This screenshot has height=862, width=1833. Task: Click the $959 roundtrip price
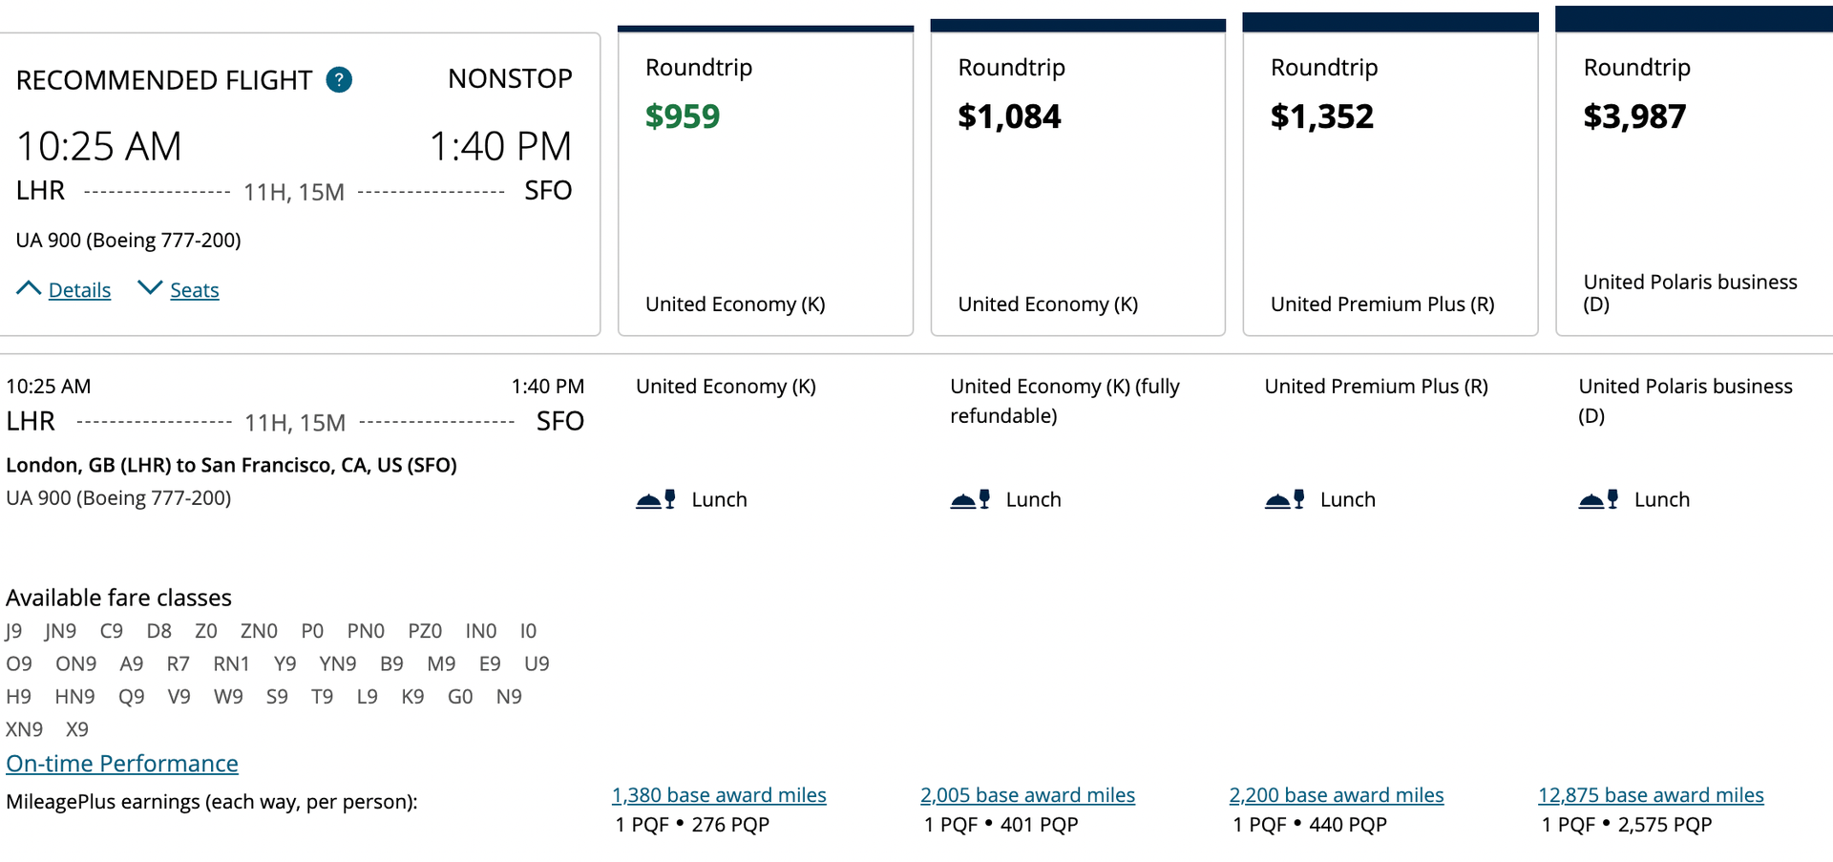pyautogui.click(x=683, y=116)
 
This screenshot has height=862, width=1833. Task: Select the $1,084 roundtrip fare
pyautogui.click(x=1009, y=116)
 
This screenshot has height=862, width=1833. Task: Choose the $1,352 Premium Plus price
pyautogui.click(x=1321, y=116)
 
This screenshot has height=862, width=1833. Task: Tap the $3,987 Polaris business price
pyautogui.click(x=1634, y=116)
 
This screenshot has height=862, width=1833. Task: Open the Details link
pyautogui.click(x=79, y=290)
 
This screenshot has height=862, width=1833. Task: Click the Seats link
pyautogui.click(x=195, y=290)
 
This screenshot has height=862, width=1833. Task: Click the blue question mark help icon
pyautogui.click(x=339, y=80)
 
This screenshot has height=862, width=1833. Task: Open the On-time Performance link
pyautogui.click(x=122, y=764)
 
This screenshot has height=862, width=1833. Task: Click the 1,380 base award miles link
pyautogui.click(x=719, y=795)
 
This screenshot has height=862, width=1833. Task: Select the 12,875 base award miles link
pyautogui.click(x=1651, y=795)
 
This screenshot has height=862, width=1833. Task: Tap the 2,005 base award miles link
pyautogui.click(x=1027, y=795)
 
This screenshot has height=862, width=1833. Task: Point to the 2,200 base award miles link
pyautogui.click(x=1336, y=795)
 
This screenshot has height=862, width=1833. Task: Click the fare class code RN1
pyautogui.click(x=231, y=663)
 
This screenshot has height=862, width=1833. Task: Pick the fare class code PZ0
pyautogui.click(x=425, y=631)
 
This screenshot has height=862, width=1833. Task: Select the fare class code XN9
pyautogui.click(x=25, y=729)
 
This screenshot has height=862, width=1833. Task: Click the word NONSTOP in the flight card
pyautogui.click(x=510, y=79)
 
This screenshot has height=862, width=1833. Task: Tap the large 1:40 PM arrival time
pyautogui.click(x=500, y=147)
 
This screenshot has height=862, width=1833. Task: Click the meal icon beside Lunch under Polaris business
pyautogui.click(x=1598, y=499)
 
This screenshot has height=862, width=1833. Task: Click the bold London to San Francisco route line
pyautogui.click(x=231, y=465)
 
